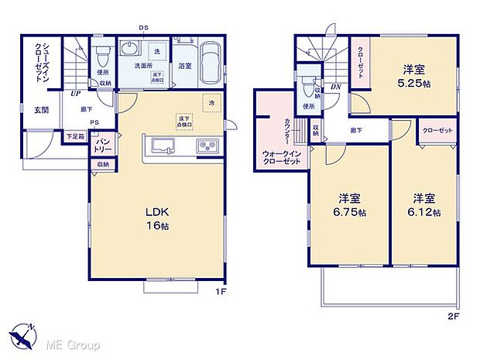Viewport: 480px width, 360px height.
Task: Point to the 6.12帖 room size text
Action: tap(426, 211)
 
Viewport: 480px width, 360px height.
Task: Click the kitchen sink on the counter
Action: tap(163, 146)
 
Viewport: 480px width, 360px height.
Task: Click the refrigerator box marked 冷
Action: tap(211, 103)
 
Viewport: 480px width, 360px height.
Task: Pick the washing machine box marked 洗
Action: tap(157, 51)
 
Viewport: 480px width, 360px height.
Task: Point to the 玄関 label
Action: tap(40, 110)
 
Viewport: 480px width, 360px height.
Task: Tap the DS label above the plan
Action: tap(143, 29)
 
